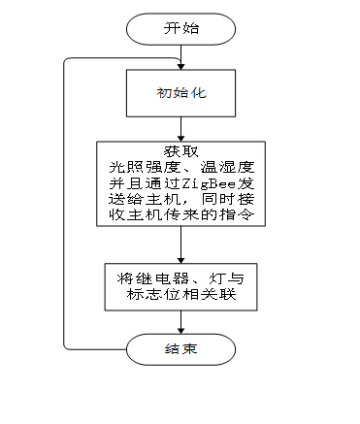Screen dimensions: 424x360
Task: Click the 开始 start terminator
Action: [181, 28]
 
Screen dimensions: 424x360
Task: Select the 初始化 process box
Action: [181, 95]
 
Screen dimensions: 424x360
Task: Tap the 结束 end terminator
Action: [181, 348]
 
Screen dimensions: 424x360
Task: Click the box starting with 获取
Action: [181, 184]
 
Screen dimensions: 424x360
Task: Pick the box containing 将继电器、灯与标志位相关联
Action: [181, 286]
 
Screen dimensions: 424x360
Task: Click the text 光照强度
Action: [139, 168]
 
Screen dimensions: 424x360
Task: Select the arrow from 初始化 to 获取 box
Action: [181, 128]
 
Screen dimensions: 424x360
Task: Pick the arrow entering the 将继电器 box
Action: [181, 245]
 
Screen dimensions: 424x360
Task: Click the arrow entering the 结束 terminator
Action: [181, 322]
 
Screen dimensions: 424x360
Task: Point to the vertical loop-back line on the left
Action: [65, 204]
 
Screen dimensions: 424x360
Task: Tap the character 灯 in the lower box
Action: [213, 277]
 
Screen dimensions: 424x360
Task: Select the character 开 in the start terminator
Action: [172, 28]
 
